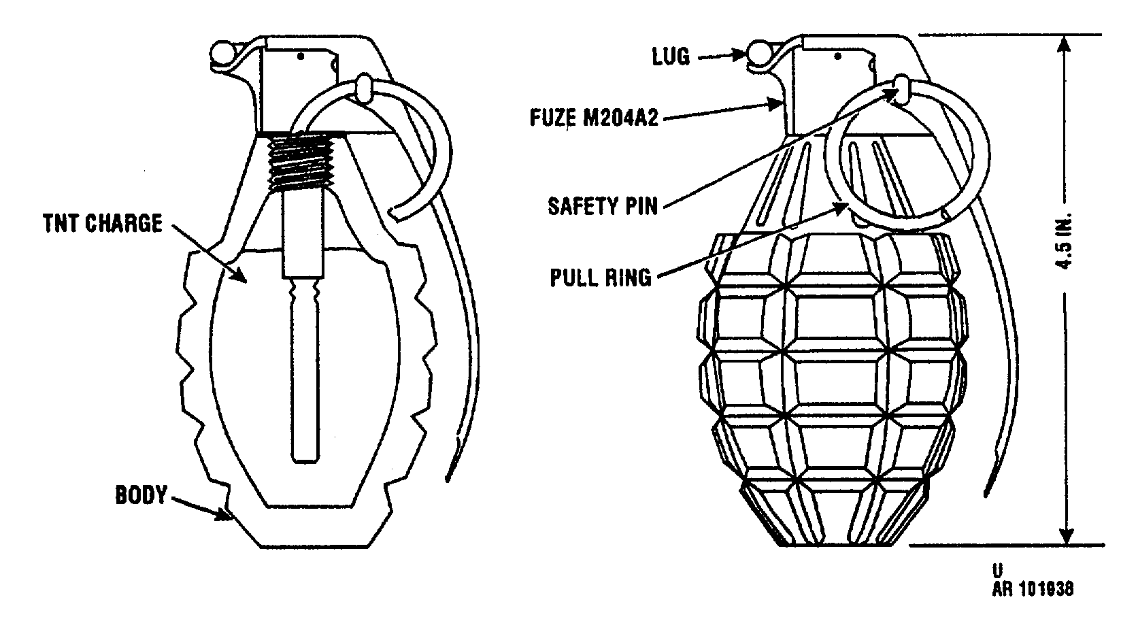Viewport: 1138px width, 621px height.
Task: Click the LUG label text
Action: pos(671,56)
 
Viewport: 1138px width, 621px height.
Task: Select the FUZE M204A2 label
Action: pos(594,118)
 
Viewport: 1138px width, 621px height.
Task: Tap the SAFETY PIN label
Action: pos(603,206)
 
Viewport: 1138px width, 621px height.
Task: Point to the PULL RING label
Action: pos(601,278)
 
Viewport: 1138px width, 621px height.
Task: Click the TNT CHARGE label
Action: pos(103,224)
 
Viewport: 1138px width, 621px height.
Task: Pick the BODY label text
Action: pos(141,495)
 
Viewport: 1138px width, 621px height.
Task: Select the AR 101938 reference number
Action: pos(1033,589)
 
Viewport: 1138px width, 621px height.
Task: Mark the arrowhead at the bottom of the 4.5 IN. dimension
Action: pos(1067,535)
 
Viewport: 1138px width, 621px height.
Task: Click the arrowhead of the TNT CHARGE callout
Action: pos(239,274)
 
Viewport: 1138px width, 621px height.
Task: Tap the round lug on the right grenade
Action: pos(758,53)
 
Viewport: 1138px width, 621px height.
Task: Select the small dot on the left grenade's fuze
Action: pos(301,56)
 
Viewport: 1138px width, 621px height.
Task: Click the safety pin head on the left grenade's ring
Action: pos(365,87)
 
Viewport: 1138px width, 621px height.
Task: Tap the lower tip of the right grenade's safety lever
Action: pos(986,494)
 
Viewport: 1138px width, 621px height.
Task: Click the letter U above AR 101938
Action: pos(998,571)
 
